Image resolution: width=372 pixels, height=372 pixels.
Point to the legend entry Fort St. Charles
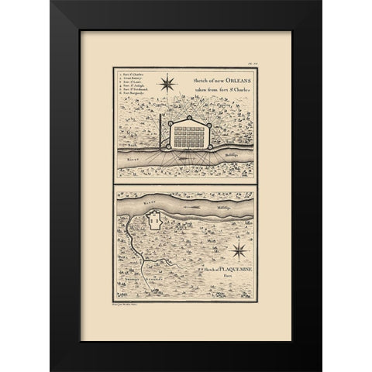[129, 73]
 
